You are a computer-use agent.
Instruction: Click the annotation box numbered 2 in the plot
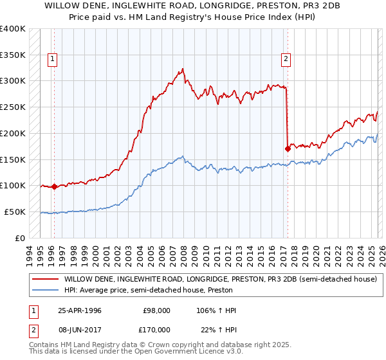coord(286,60)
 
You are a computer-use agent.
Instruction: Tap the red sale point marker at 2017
coord(288,148)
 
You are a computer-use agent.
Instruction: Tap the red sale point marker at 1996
coord(54,187)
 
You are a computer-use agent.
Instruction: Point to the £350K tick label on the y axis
coord(13,55)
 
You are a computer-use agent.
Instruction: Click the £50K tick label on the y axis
coord(15,212)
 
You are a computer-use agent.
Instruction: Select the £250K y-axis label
coord(13,107)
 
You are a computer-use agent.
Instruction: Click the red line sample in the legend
coord(46,280)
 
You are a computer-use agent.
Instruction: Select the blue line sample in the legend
coord(46,291)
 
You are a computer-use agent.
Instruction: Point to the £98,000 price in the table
coord(156,310)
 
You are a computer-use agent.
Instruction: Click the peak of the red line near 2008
coord(183,68)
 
